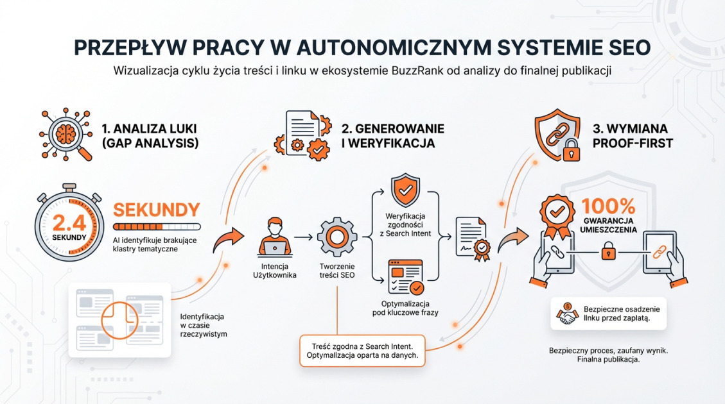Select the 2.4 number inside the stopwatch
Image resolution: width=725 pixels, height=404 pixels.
66,223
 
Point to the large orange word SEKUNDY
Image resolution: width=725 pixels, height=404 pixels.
156,210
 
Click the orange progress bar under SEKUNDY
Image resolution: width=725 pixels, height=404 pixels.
156,226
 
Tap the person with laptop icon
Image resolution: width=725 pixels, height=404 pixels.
275,236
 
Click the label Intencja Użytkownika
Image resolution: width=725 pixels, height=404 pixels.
275,271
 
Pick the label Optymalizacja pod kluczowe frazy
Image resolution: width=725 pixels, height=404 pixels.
406,308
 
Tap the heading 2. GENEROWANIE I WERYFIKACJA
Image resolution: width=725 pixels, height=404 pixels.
392,136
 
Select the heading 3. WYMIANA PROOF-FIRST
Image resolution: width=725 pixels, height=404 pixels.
633,136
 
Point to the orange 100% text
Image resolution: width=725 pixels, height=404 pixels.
608,206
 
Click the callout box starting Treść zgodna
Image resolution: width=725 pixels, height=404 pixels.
363,350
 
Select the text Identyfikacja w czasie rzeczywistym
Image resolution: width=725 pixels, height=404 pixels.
203,325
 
